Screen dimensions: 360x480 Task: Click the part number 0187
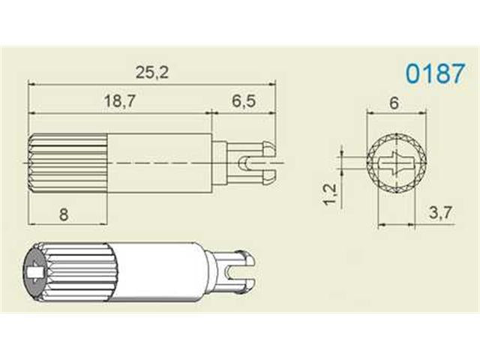pos(430,74)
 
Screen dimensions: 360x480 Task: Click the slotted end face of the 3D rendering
pos(35,275)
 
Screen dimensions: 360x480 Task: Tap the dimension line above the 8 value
pos(64,223)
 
